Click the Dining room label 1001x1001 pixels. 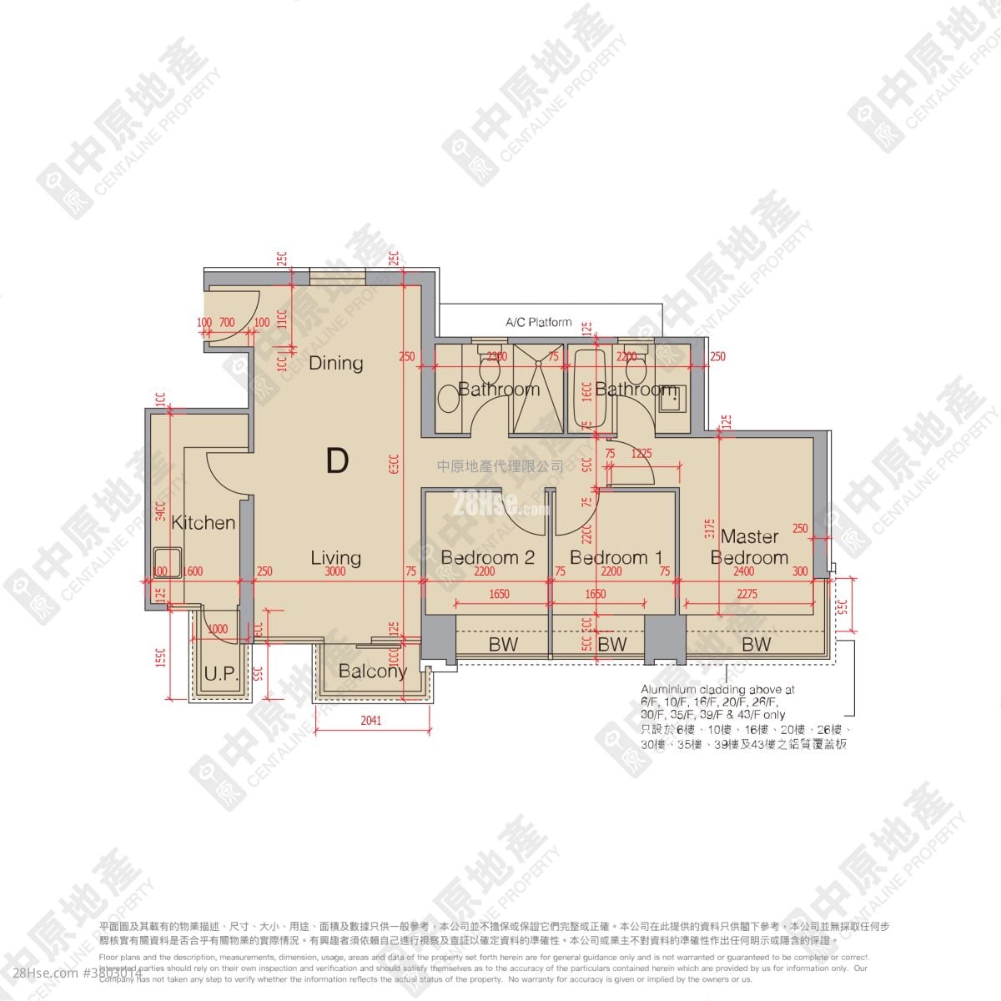tap(336, 363)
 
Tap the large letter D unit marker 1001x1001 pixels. tap(337, 460)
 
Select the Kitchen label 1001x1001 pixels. tap(203, 523)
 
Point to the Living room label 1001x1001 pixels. tap(336, 557)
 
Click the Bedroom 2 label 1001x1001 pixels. tap(487, 557)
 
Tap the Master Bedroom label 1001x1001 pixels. tap(749, 547)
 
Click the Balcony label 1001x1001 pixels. tap(373, 672)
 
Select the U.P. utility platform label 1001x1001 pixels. tap(220, 674)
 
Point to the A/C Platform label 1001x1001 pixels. tap(538, 322)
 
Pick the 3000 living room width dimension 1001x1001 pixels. tap(336, 572)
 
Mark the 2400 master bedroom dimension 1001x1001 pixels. tap(743, 572)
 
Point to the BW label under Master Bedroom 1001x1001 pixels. tap(756, 644)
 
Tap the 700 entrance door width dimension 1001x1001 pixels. tap(226, 322)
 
